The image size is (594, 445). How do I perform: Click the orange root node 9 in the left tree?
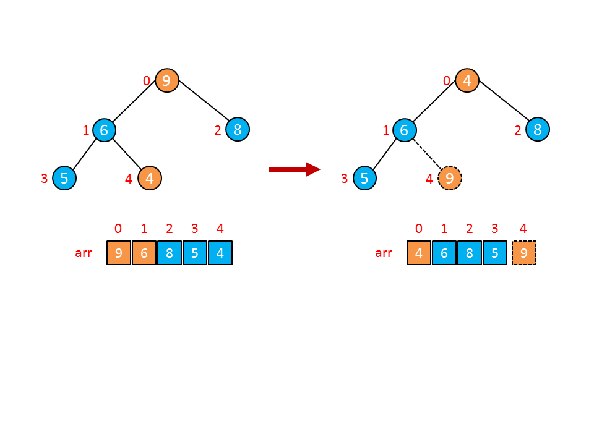coord(166,80)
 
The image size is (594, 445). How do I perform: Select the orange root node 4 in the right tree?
coord(467,80)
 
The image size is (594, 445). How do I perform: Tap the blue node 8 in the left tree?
coord(238,130)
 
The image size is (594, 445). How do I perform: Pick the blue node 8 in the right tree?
coord(538,130)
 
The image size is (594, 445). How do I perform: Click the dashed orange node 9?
coord(450,179)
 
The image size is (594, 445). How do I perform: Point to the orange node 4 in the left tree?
coord(150,179)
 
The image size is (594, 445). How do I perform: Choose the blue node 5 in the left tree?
coord(64,179)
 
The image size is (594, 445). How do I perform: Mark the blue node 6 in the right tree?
coord(405,130)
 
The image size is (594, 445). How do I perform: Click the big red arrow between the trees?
coord(294,169)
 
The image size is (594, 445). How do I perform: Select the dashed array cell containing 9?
coord(524,253)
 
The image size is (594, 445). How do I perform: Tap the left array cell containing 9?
coord(119,253)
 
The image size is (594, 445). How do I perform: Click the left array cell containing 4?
coord(220,253)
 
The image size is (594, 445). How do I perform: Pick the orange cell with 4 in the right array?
coord(419,253)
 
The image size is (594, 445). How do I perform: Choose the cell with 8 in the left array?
coord(170,253)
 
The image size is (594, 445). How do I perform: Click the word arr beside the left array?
coord(83,253)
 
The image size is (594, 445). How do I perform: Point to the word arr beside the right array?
coord(384,253)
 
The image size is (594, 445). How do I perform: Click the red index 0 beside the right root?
coord(447,80)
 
